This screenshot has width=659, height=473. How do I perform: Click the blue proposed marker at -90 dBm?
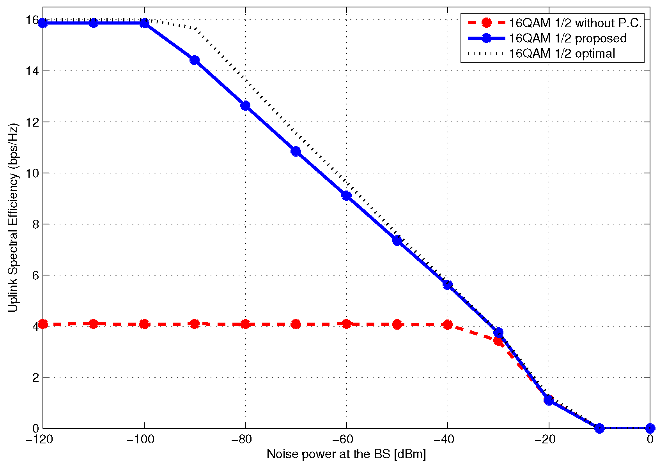click(195, 60)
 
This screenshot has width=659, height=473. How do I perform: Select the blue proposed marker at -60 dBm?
click(346, 196)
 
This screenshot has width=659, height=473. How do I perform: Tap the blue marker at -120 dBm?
click(43, 23)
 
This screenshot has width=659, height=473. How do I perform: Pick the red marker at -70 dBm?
click(296, 324)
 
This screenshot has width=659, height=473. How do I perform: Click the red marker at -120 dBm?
click(43, 324)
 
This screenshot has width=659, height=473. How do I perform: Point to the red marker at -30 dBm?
click(498, 341)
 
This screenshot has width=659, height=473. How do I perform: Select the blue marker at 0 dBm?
click(650, 428)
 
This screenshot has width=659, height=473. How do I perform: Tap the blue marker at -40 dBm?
click(448, 285)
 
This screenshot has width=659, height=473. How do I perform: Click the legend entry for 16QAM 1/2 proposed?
click(568, 38)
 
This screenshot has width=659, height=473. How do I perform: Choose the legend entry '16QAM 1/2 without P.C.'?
click(575, 23)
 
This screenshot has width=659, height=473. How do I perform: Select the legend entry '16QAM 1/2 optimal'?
click(562, 53)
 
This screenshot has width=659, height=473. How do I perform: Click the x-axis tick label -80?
click(245, 439)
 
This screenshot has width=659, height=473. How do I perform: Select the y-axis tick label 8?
click(35, 224)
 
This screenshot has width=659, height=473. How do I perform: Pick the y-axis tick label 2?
click(35, 377)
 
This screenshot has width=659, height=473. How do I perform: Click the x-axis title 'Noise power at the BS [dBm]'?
click(346, 454)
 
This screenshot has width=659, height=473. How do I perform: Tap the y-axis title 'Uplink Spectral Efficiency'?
click(13, 218)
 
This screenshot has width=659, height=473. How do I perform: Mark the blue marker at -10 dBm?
click(599, 428)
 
